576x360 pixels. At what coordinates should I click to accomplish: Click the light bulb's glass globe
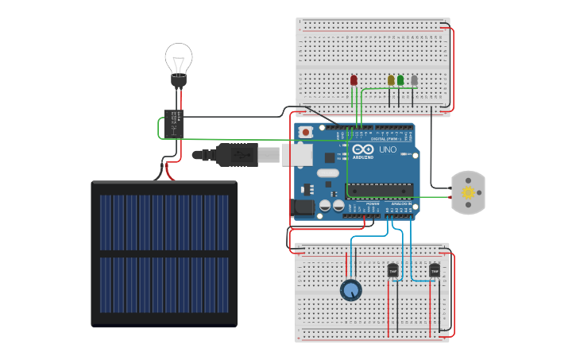[179, 58]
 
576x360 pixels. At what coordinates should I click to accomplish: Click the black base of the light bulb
[179, 80]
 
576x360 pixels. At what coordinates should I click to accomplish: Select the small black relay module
[174, 124]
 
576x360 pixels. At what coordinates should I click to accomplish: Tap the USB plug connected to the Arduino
[237, 155]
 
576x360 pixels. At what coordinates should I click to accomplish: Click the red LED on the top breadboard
[354, 80]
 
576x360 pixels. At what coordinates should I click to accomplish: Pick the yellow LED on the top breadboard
[391, 80]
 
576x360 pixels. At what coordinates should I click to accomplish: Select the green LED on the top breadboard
[400, 80]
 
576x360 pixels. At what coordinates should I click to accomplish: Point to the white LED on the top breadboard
[414, 80]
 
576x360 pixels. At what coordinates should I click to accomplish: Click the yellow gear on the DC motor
[468, 193]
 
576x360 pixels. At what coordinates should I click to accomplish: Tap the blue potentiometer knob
[350, 290]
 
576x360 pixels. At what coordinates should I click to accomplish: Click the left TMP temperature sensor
[392, 271]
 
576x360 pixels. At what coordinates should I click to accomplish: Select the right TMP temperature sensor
[435, 271]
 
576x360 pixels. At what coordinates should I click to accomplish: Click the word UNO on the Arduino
[388, 149]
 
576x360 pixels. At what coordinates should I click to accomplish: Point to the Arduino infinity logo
[364, 149]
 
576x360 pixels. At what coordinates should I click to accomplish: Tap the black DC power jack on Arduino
[303, 208]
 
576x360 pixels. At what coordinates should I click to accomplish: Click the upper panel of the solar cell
[164, 220]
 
